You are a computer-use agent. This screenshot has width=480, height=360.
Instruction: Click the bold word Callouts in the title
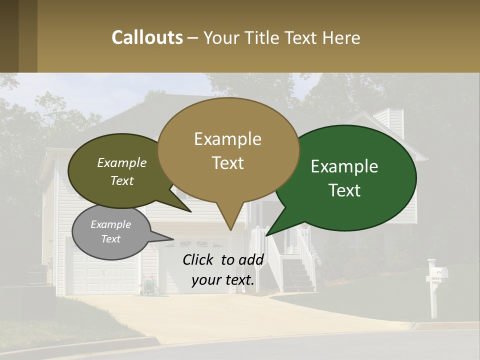coord(147,37)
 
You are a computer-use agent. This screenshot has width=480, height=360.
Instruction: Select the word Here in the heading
coord(341,37)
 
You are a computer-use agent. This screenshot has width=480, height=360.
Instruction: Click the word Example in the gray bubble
coord(110,224)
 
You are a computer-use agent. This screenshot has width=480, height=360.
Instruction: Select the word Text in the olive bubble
coord(122,181)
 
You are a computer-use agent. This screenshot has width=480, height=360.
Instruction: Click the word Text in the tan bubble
coord(228,163)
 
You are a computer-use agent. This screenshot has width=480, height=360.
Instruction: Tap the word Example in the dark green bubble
coord(344,166)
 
